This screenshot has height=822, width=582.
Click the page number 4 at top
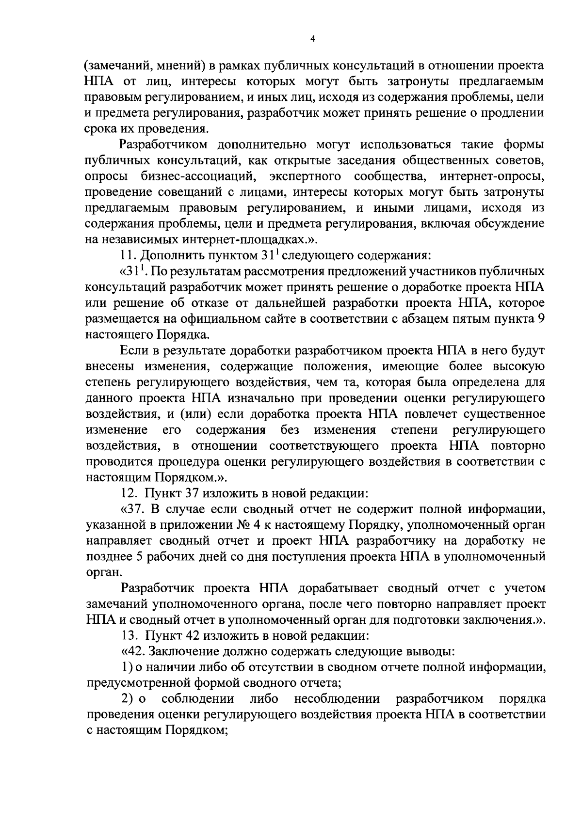coord(313,40)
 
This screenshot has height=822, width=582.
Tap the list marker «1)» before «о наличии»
coord(127,667)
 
